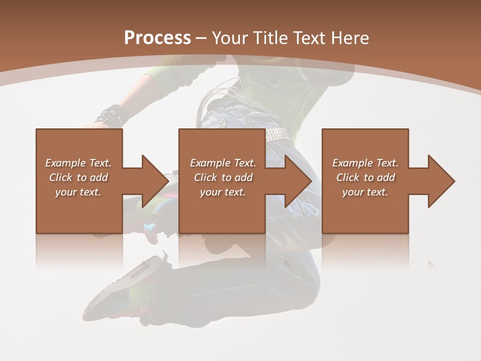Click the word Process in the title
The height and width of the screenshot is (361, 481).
[x=157, y=38]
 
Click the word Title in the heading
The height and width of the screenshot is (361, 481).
[x=270, y=38]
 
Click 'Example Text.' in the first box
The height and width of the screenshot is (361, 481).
[x=78, y=163]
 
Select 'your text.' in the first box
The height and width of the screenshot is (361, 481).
[x=78, y=192]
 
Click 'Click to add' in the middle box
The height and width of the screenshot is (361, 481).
[x=223, y=177]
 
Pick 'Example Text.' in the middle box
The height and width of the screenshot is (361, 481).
[x=223, y=163]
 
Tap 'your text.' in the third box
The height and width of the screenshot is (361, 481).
[x=365, y=192]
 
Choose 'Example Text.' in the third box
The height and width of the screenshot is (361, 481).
[x=365, y=163]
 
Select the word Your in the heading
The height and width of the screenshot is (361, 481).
[x=230, y=38]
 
